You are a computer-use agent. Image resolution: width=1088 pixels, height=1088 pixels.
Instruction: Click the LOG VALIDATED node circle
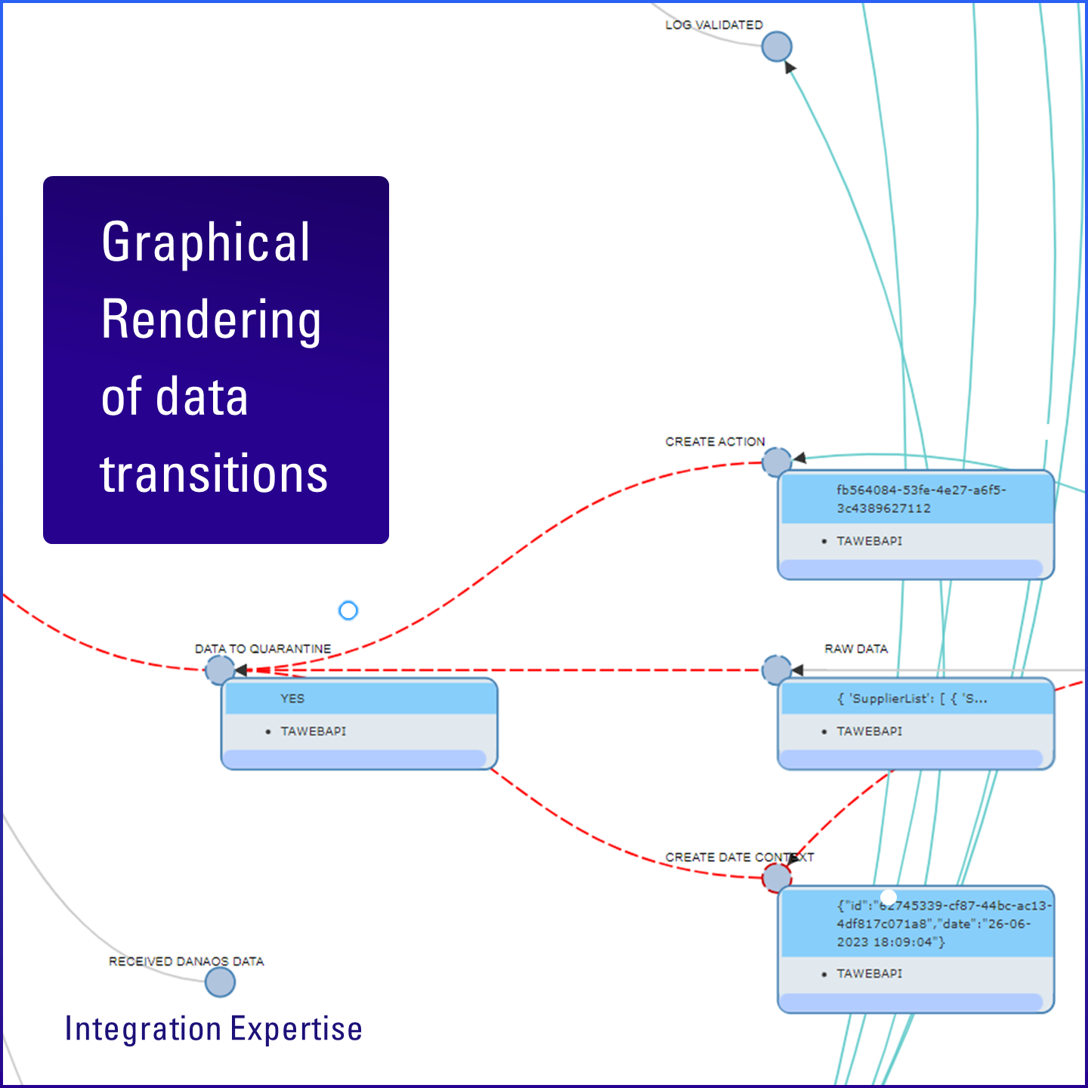[776, 47]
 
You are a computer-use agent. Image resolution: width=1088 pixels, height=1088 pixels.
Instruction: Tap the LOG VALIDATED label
[713, 25]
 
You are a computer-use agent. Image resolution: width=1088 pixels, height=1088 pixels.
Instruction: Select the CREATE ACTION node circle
[776, 462]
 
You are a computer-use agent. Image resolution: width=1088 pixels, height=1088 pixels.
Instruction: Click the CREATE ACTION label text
[715, 441]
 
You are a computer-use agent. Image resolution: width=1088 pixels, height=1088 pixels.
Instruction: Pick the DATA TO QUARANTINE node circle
[220, 670]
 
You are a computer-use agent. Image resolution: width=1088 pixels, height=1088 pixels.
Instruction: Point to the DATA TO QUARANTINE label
[262, 649]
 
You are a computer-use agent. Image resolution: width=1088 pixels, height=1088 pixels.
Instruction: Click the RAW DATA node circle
[776, 670]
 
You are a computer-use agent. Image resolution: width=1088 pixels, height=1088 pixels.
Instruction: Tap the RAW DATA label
[855, 649]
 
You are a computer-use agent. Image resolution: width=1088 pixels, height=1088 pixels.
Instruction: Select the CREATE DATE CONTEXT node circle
[776, 878]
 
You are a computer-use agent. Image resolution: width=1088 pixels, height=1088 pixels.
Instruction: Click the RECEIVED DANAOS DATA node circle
[220, 982]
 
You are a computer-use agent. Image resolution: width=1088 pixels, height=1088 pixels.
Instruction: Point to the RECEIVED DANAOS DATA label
[186, 961]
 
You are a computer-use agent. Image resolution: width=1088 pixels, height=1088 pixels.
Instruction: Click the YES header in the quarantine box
[292, 699]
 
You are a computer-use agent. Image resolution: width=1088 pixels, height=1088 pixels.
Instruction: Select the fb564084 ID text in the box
[920, 499]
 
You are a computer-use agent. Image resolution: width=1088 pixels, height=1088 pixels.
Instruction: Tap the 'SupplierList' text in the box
[911, 699]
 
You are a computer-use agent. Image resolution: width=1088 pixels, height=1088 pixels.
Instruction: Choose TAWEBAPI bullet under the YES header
[313, 731]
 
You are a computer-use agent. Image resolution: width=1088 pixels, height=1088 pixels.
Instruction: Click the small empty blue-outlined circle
[348, 610]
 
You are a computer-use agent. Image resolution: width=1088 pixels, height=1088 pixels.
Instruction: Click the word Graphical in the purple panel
[206, 243]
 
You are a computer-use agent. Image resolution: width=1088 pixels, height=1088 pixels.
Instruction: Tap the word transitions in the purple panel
[214, 474]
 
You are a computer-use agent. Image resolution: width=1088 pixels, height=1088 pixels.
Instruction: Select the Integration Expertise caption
[213, 1029]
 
